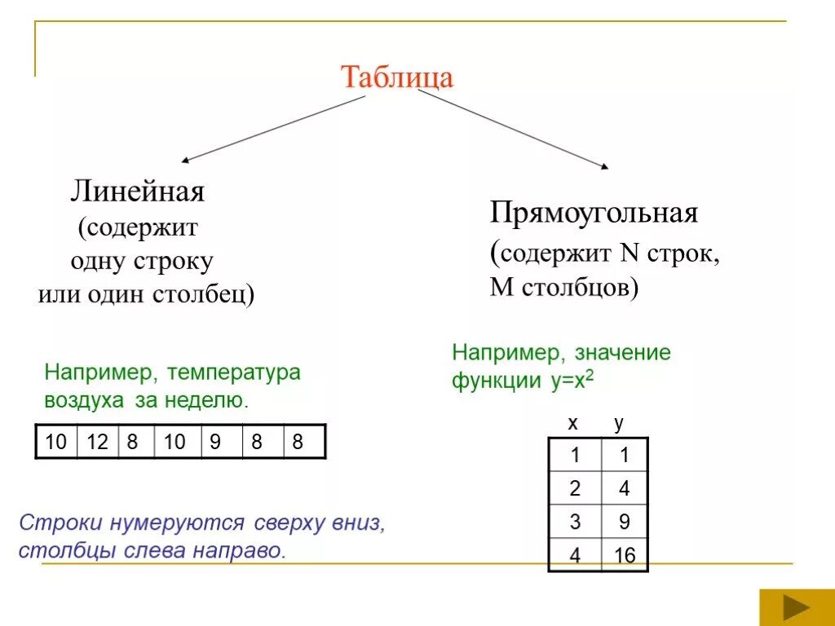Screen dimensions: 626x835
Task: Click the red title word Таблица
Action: point(396,77)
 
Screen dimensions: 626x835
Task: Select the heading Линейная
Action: point(137,192)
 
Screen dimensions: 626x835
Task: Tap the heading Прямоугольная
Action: point(594,214)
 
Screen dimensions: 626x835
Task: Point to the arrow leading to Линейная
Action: point(273,127)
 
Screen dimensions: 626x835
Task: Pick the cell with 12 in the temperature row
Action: point(98,443)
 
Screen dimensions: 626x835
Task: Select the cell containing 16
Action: point(625,557)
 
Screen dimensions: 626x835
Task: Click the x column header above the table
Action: point(572,423)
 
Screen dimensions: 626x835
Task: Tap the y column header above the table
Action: point(618,424)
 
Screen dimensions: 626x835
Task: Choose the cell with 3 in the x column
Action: point(575,522)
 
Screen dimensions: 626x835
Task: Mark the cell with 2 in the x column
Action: point(575,489)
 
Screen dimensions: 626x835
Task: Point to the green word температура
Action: point(234,373)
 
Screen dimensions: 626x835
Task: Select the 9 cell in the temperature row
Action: point(216,443)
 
